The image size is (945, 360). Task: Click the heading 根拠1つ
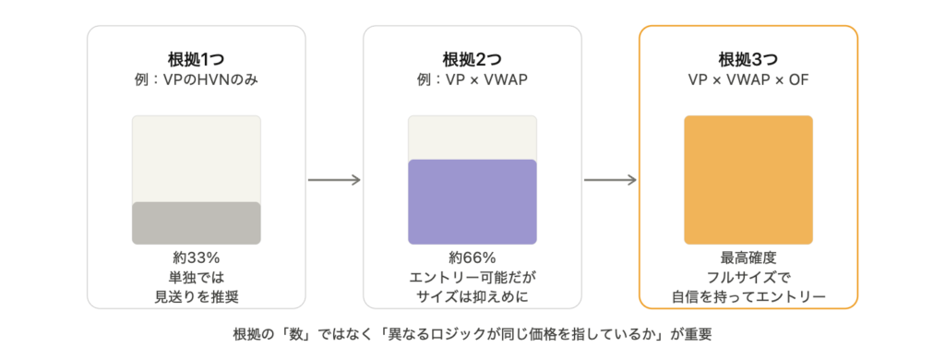[x=196, y=60]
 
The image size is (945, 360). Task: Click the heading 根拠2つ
[x=472, y=60]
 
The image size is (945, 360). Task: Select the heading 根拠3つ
[x=748, y=60]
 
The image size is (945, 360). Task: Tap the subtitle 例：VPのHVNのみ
[x=196, y=79]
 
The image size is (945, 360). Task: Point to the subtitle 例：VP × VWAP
[x=472, y=79]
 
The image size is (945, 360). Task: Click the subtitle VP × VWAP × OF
[x=748, y=79]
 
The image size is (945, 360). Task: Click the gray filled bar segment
[x=197, y=223]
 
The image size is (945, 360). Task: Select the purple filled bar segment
[x=472, y=202]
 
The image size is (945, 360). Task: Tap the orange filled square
[x=748, y=180]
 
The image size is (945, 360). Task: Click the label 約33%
[x=196, y=258]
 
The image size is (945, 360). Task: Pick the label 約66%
[x=472, y=258]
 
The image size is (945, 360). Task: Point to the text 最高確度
[x=748, y=258]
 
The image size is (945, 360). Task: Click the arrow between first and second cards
[x=334, y=180]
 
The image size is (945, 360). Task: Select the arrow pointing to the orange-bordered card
[x=610, y=180]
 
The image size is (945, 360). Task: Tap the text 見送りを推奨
[x=196, y=296]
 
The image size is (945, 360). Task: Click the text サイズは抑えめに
[x=472, y=296]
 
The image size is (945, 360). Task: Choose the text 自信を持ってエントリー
[x=748, y=296]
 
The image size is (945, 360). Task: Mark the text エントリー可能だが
[x=472, y=278]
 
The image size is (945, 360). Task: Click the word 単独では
[x=196, y=278]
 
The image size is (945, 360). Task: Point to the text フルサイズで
[x=748, y=278]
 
